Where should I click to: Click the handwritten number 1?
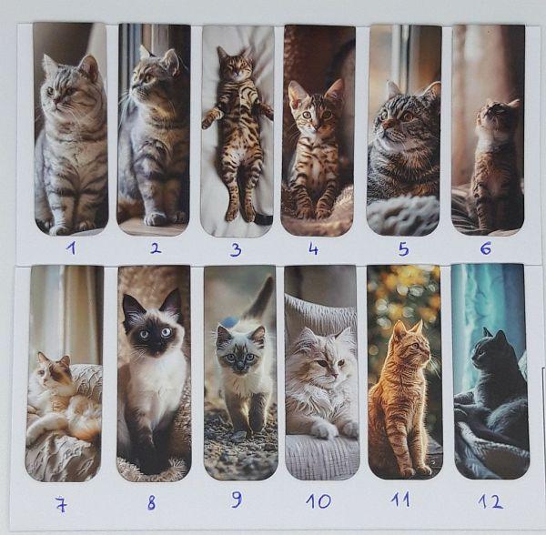click(x=71, y=248)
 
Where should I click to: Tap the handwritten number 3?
click(x=236, y=250)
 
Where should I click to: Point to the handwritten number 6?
click(x=485, y=248)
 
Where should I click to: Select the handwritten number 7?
click(x=61, y=505)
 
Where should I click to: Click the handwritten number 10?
click(x=318, y=501)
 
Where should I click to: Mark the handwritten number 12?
click(x=490, y=501)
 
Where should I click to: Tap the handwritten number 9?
click(x=237, y=500)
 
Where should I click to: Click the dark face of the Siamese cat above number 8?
click(x=152, y=333)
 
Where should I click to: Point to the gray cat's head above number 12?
click(x=488, y=348)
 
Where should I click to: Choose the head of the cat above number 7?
click(x=53, y=368)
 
